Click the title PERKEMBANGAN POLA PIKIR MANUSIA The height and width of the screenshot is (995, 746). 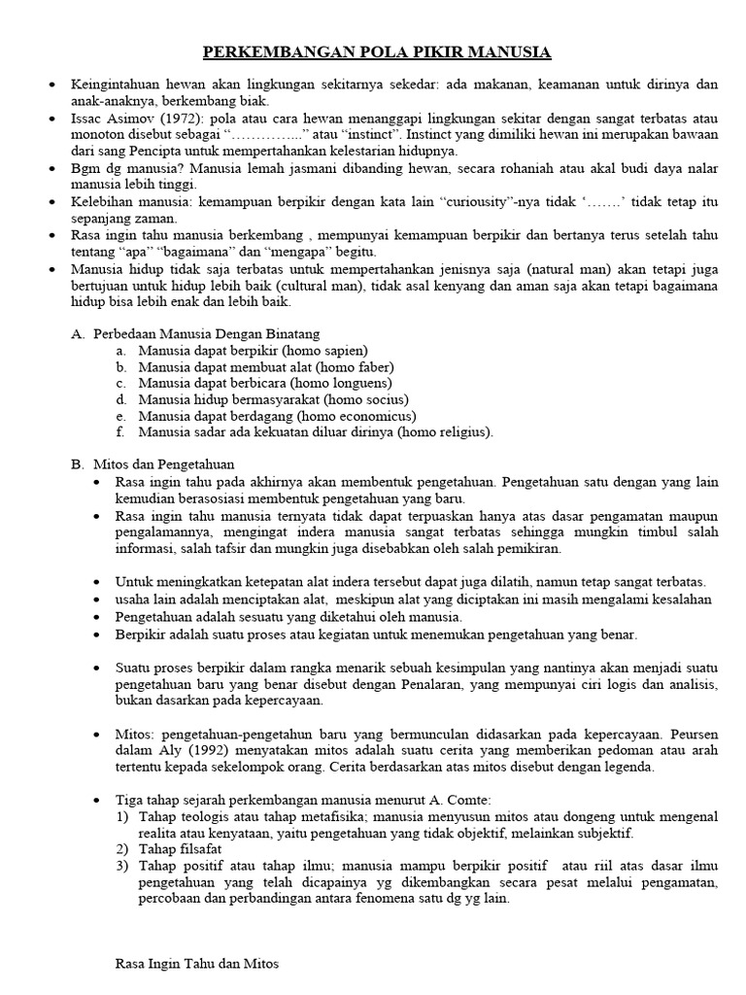pyautogui.click(x=377, y=51)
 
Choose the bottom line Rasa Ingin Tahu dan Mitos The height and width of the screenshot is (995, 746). pyautogui.click(x=197, y=964)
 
